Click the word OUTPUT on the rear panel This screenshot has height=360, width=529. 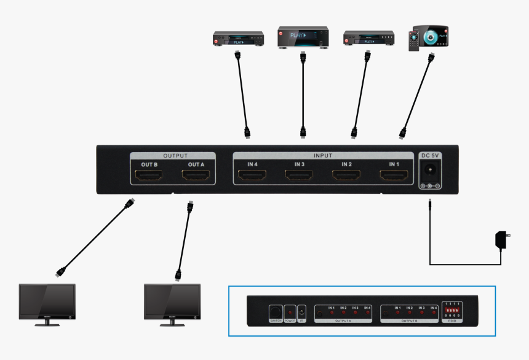[x=175, y=156]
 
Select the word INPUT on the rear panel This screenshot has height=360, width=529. [x=323, y=156]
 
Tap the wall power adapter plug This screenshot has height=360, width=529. [x=501, y=239]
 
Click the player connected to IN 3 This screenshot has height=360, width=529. [x=302, y=38]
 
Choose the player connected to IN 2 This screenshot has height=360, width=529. [x=367, y=39]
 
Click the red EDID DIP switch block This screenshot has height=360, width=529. [x=452, y=313]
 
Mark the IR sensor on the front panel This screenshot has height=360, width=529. [x=302, y=312]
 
